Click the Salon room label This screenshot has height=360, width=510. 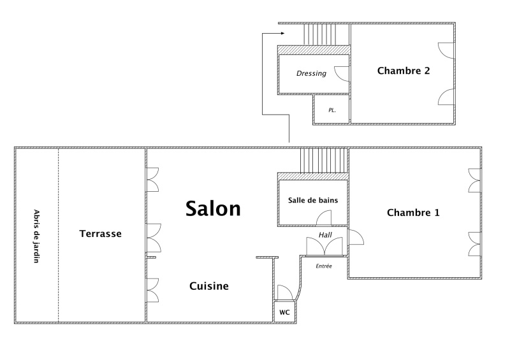pos(213,208)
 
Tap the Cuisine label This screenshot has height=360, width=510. pos(209,286)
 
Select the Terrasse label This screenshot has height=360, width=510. pos(101,233)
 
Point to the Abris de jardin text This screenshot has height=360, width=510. pos(36,236)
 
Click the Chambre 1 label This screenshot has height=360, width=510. pos(413,213)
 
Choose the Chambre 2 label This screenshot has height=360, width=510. pos(404,71)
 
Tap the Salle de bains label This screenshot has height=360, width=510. pos(313,200)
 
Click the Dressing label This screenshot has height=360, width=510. pos(311,73)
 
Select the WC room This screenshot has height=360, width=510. pos(284,312)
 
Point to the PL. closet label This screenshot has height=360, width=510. pos(331,110)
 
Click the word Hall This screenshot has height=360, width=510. pos(325,235)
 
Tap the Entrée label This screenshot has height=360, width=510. pos(324,266)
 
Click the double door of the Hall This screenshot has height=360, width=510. pos(324,246)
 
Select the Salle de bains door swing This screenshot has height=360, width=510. pos(324,217)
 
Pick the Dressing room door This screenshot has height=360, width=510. pos(342,74)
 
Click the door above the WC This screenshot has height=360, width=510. pos(285,292)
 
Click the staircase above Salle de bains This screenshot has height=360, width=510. pos(323,161)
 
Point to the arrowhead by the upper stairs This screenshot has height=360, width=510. pos(282,33)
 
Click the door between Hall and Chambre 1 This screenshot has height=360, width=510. pos(356,237)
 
